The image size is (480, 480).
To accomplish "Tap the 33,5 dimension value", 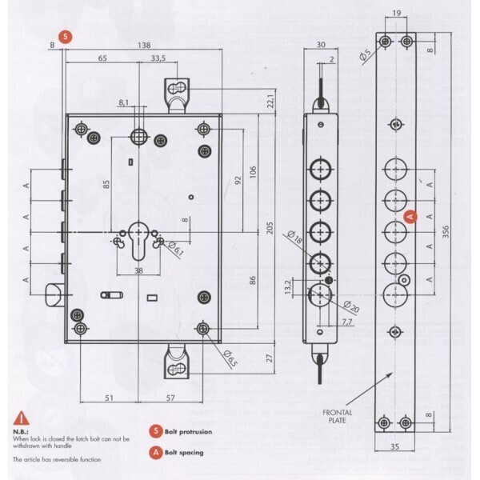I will pos(158,59).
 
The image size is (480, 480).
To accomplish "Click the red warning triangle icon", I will pos(18,418).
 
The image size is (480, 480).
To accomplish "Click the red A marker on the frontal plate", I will pos(409,215).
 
